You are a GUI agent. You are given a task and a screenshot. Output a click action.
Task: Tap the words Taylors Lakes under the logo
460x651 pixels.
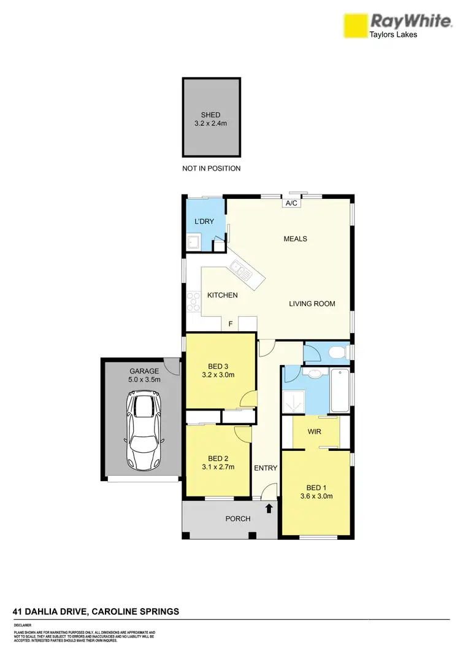click(392, 35)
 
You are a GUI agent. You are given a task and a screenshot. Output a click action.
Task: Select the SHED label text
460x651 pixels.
click(210, 115)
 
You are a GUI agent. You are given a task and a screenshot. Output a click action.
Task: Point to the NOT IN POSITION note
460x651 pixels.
click(211, 168)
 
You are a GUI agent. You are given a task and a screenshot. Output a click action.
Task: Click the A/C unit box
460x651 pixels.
click(291, 203)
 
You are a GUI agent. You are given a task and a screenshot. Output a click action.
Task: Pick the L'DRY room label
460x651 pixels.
click(204, 221)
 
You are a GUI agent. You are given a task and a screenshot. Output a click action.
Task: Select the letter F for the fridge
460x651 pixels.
click(231, 323)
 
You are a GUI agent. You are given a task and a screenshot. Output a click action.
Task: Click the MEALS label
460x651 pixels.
click(295, 239)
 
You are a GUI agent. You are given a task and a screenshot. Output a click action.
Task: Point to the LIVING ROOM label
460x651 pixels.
click(312, 303)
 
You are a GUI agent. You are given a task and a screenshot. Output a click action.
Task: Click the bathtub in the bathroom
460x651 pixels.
click(340, 390)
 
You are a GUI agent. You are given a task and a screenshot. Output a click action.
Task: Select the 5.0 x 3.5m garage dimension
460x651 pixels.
click(144, 379)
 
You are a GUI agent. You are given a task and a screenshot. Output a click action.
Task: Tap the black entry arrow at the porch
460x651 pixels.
click(269, 507)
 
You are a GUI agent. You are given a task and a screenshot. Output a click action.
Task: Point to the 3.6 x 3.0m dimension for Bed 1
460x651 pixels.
click(316, 496)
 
